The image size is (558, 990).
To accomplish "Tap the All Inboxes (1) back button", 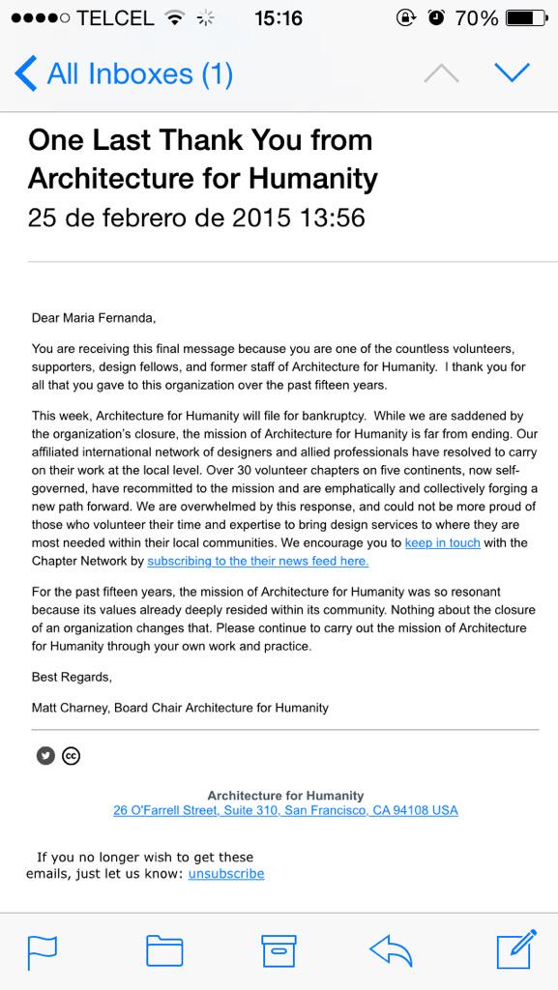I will [124, 73].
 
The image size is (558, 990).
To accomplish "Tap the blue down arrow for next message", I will [512, 73].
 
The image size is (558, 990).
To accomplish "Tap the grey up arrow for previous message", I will [441, 73].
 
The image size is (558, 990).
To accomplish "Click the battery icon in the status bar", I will [526, 17].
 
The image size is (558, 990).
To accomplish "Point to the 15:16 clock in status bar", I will [278, 17].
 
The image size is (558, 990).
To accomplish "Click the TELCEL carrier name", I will [115, 17].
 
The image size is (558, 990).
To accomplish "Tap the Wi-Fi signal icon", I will [175, 17].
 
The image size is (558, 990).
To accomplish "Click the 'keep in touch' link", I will [442, 542].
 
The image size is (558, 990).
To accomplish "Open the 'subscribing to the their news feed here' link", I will [257, 561].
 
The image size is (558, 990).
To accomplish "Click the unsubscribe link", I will [225, 873].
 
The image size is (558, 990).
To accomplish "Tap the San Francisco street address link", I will [285, 810].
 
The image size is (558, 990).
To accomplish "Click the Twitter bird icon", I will [45, 756].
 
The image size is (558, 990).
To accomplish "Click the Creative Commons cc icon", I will [71, 756].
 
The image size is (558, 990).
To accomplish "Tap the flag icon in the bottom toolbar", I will [42, 950].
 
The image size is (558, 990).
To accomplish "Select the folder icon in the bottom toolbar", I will [164, 950].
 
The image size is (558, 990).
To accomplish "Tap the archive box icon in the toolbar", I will [279, 950].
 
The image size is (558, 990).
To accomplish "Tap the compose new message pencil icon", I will [515, 949].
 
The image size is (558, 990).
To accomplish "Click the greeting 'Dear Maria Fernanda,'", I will [93, 317].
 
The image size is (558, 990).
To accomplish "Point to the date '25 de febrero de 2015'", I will [159, 218].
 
